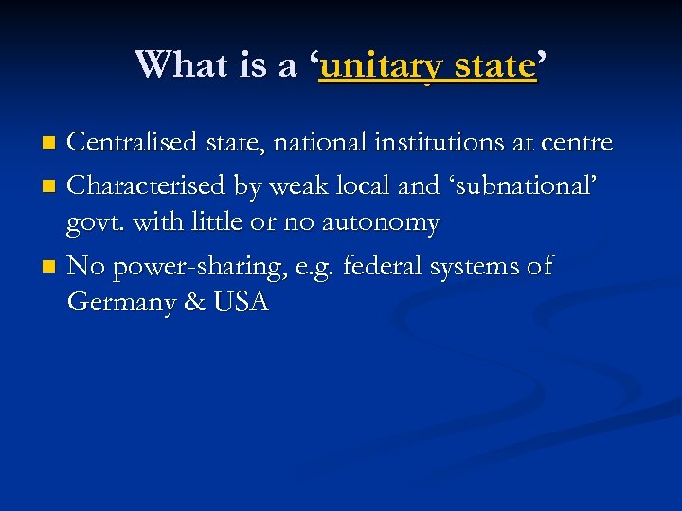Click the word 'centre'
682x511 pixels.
pyautogui.click(x=577, y=144)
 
